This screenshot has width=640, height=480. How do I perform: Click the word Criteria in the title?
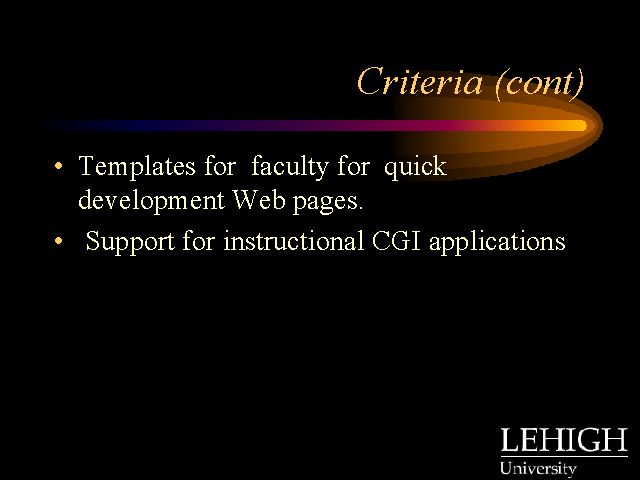[x=420, y=82]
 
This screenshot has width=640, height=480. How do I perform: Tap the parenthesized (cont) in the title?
[x=540, y=84]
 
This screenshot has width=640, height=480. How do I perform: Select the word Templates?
[x=137, y=167]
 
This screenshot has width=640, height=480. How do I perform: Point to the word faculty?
[x=289, y=167]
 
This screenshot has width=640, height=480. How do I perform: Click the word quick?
[x=415, y=167]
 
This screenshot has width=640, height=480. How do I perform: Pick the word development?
[x=151, y=201]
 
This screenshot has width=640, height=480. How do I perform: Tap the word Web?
[x=259, y=200]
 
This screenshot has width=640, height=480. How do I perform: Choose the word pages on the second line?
[x=328, y=202]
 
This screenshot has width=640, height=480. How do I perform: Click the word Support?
[x=130, y=242]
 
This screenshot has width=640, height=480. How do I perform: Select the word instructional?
[x=293, y=241]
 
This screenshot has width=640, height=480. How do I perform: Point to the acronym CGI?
[x=396, y=241]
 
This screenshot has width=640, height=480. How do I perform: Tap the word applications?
[x=497, y=242]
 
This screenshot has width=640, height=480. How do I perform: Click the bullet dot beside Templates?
[x=59, y=166]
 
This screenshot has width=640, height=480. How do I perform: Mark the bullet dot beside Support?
[x=59, y=241]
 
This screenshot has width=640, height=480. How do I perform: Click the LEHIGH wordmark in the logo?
[x=564, y=439]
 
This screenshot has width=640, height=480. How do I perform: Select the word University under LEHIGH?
[x=538, y=469]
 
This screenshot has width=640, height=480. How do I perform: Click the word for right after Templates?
[x=220, y=166]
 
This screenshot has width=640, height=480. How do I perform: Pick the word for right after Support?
[x=198, y=240]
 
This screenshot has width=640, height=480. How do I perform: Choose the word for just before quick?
[x=353, y=166]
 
